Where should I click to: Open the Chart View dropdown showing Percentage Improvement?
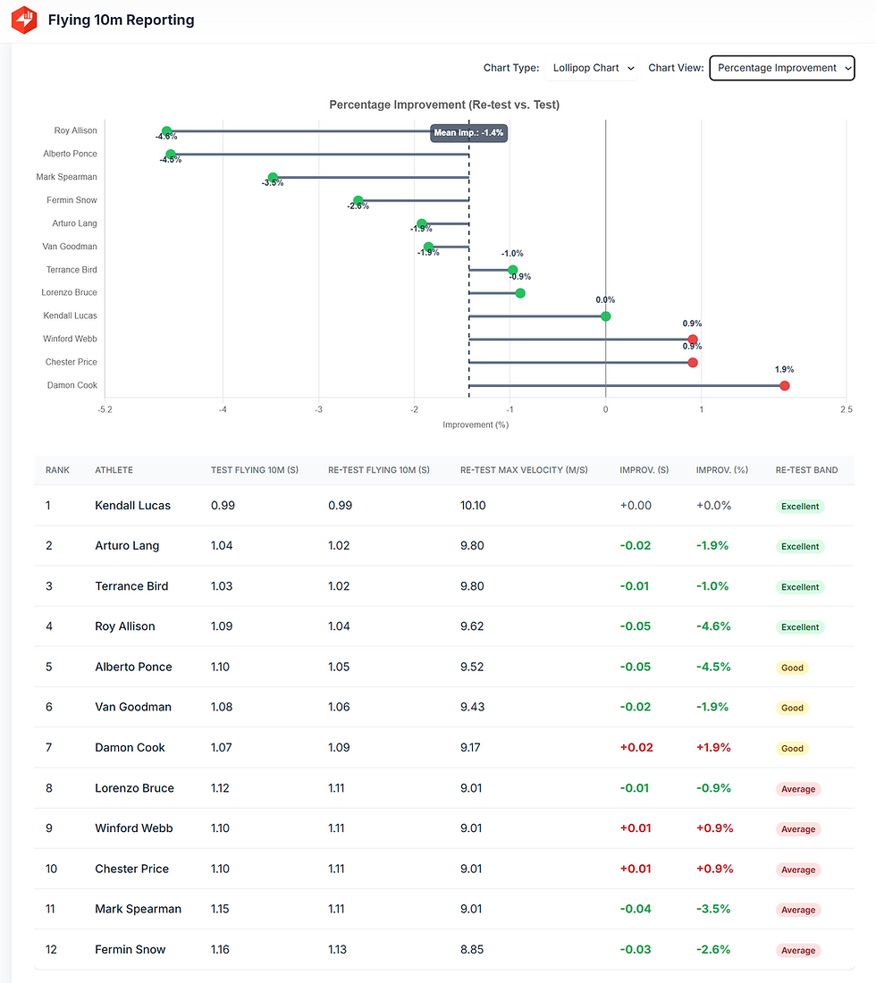781,68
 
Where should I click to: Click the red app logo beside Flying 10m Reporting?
24,20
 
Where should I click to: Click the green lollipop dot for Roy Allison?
166,131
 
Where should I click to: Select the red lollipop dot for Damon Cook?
785,386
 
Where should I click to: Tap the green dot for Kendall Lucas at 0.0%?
605,316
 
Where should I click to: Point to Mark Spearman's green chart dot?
273,178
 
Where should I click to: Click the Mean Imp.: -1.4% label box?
468,132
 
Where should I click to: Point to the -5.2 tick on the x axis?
105,409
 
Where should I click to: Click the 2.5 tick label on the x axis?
846,409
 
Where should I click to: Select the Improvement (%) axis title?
476,424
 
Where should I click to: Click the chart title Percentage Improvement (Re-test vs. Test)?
443,105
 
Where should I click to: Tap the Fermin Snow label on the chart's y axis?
72,200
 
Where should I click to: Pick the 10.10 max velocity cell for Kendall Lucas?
473,506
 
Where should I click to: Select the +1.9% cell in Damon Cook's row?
714,747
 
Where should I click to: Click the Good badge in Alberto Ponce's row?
792,668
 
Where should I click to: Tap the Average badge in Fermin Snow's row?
798,950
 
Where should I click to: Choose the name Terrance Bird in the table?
131,586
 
